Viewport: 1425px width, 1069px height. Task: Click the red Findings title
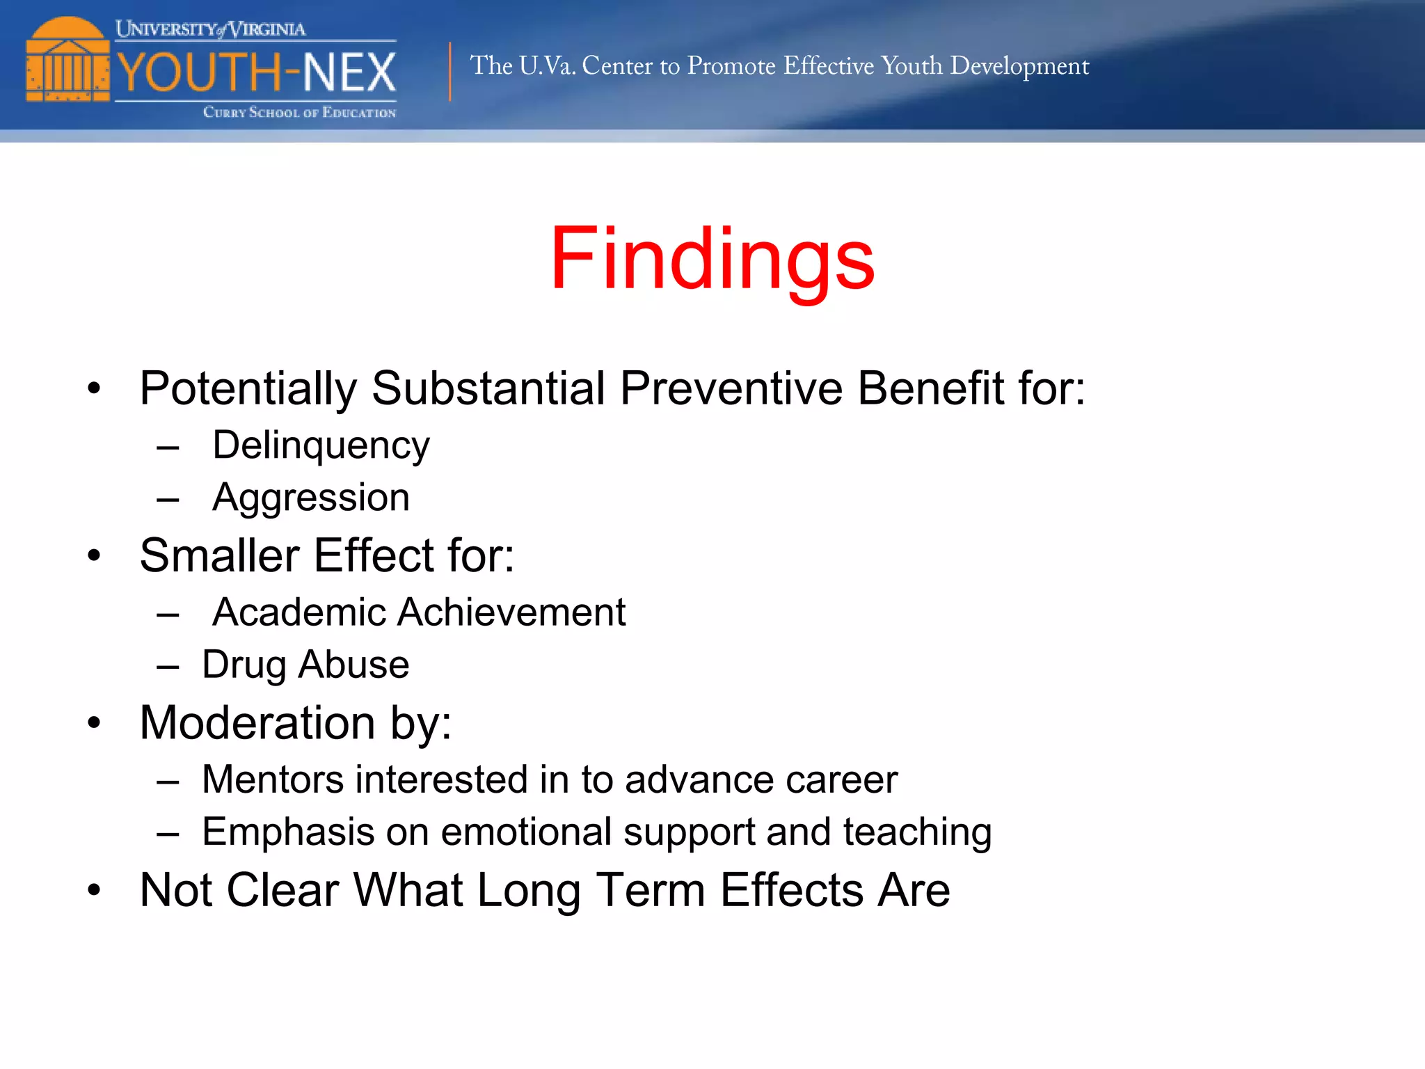pyautogui.click(x=712, y=259)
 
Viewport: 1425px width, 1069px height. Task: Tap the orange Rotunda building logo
pyautogui.click(x=67, y=61)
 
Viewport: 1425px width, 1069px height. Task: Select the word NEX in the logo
pyautogui.click(x=349, y=72)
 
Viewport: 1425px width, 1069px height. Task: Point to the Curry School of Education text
pyautogui.click(x=299, y=112)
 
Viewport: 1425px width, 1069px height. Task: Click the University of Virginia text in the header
pyautogui.click(x=210, y=29)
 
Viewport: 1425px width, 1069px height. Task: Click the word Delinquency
pyautogui.click(x=321, y=445)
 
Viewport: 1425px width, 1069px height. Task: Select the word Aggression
pyautogui.click(x=311, y=498)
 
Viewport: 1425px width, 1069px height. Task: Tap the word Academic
pyautogui.click(x=299, y=612)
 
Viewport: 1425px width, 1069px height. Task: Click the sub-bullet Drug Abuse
pyautogui.click(x=305, y=665)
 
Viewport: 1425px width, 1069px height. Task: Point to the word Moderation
pyautogui.click(x=257, y=722)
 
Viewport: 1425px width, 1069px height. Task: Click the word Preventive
pyautogui.click(x=731, y=388)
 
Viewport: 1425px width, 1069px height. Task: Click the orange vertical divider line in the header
pyautogui.click(x=450, y=72)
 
